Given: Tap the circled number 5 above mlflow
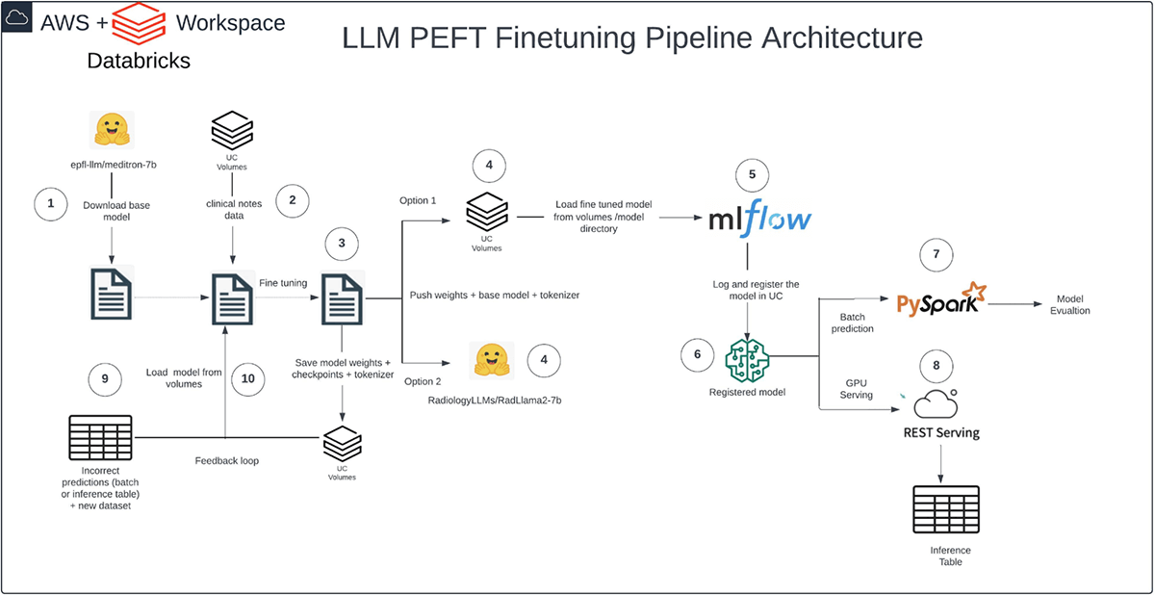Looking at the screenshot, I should [753, 175].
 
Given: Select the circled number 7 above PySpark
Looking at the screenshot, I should [936, 255].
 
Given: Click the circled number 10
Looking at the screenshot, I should [248, 378].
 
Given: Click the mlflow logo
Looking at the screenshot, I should [759, 217].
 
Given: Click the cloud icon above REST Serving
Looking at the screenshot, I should [934, 402].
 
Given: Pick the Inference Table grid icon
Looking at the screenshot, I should [942, 508].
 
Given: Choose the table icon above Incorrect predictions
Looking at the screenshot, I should [100, 437].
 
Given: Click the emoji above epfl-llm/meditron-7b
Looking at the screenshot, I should [113, 130].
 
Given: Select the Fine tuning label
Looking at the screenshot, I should [283, 282].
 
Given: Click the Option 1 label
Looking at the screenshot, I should [418, 200].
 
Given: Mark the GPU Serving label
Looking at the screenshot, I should [856, 388].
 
